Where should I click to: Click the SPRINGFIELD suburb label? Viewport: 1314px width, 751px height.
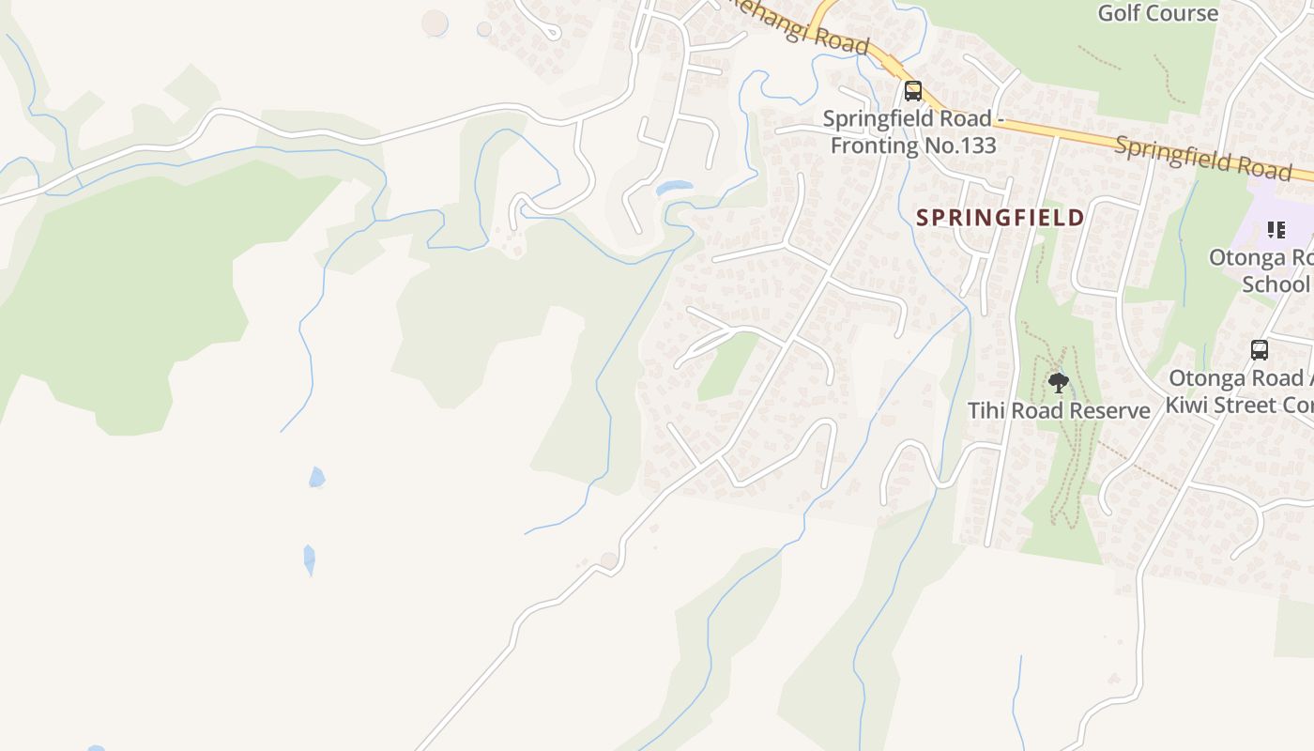pyautogui.click(x=1000, y=218)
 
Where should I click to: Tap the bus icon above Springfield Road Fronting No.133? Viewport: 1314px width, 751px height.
pyautogui.click(x=912, y=91)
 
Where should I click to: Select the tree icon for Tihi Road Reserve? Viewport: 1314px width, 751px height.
pyautogui.click(x=1058, y=382)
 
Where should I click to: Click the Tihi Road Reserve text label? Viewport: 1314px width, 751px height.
pyautogui.click(x=1059, y=411)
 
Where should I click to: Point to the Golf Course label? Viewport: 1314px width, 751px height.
pyautogui.click(x=1157, y=13)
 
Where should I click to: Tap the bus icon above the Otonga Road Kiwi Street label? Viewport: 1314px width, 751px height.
pyautogui.click(x=1260, y=350)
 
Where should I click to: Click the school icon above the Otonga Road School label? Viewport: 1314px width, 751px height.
pyautogui.click(x=1276, y=229)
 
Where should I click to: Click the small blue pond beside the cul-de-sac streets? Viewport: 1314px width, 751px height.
pyautogui.click(x=674, y=188)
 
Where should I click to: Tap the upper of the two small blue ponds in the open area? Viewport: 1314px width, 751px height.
pyautogui.click(x=317, y=477)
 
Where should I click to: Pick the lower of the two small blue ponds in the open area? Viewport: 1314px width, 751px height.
pyautogui.click(x=309, y=559)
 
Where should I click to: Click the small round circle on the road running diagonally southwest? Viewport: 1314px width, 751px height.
pyautogui.click(x=609, y=560)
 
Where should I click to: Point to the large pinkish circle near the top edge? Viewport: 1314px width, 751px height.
pyautogui.click(x=435, y=23)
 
